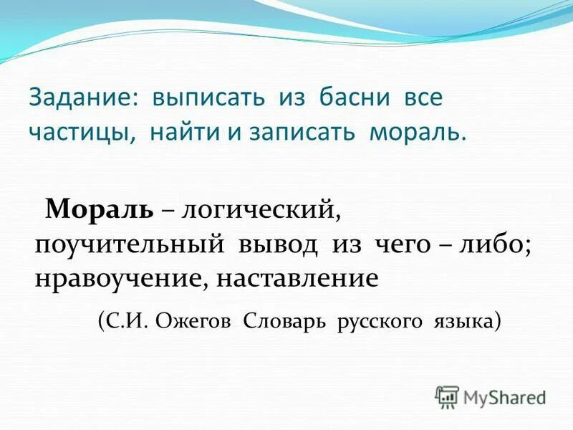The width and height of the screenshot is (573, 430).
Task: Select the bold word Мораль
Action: point(99,209)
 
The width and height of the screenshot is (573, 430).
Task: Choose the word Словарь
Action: point(282,320)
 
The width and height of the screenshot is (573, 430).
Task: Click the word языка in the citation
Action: point(465,320)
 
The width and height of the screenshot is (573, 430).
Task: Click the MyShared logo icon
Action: point(447,396)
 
